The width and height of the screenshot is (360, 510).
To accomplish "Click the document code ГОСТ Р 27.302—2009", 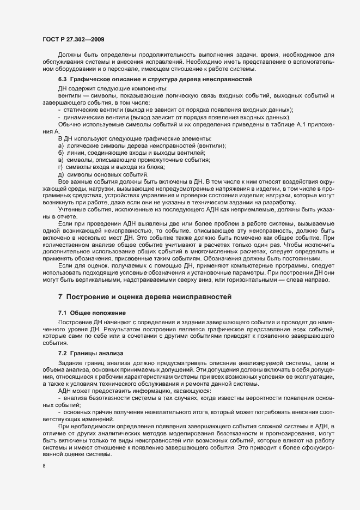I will [x=74, y=39].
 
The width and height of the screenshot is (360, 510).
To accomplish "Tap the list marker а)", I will [x=60, y=147].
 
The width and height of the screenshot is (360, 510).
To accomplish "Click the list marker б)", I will [x=60, y=153].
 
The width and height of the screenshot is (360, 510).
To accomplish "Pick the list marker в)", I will [x=60, y=160].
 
